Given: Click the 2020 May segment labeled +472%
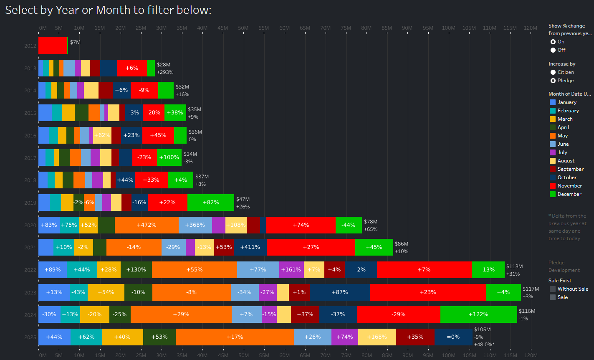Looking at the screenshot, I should [147, 225].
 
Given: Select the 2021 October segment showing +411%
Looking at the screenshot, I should [250, 247].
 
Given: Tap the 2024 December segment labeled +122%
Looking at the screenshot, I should [478, 314].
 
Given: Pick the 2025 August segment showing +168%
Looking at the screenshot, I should [377, 337].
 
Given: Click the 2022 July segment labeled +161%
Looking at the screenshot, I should [291, 270].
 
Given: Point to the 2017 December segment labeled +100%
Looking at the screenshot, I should [169, 157].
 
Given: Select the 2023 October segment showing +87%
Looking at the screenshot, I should [339, 292].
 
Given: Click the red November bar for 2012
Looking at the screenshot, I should [52, 46].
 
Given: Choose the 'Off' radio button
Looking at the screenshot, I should [553, 50].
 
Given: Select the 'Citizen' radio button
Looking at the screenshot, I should [553, 72].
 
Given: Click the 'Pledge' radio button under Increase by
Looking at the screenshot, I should [553, 81].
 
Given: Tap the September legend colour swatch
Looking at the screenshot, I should [553, 169].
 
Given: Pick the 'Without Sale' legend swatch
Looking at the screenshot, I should [553, 289].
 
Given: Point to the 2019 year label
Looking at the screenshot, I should [30, 203].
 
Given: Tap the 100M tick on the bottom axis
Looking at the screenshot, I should [449, 355].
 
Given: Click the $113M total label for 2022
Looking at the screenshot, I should [514, 266].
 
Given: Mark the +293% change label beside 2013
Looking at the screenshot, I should [165, 72].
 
